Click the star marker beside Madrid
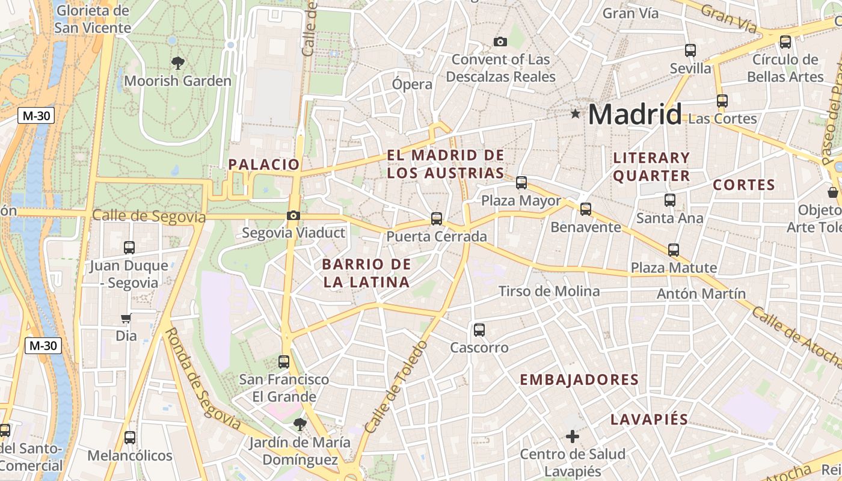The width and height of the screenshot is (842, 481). pos(576,113)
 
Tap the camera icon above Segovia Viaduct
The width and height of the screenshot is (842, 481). pos(293,215)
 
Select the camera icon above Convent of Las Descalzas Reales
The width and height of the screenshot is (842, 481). pos(500,41)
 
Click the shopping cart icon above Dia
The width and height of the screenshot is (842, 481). pos(126,318)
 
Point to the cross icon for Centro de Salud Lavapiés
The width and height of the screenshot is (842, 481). pos(573,436)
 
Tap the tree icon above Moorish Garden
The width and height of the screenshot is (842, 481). pos(177,63)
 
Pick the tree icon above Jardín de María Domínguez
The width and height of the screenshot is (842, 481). pos(299,424)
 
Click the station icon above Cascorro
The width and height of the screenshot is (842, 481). pos(479,329)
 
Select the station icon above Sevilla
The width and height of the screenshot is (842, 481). pos(690,51)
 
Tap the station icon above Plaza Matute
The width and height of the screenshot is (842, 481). pos(674,250)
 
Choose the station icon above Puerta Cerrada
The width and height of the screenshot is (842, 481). pos(437,219)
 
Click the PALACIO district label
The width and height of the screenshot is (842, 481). pos(264,164)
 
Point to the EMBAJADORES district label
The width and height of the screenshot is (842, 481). pos(579,379)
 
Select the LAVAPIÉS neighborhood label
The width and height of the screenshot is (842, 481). pos(649,419)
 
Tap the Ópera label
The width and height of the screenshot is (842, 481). pos(412,84)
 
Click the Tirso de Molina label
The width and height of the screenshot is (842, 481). pos(549,292)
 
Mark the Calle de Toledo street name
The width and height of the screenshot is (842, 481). pos(396,387)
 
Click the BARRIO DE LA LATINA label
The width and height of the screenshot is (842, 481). pos(366,272)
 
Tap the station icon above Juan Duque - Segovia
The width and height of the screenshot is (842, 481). pos(129,247)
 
